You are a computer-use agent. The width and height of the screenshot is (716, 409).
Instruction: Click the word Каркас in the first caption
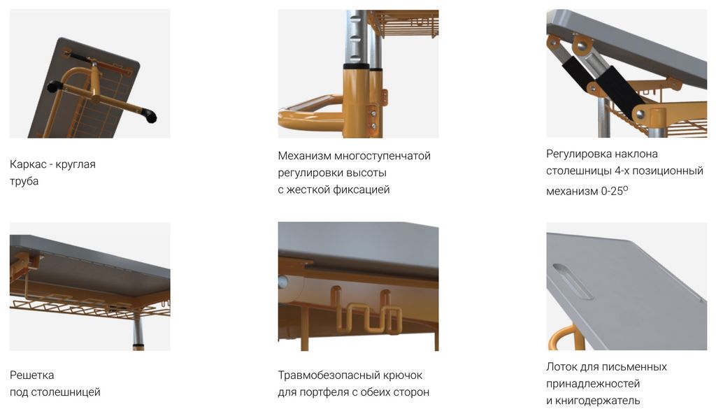27,164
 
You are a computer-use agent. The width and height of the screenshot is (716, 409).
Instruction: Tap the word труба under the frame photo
24,181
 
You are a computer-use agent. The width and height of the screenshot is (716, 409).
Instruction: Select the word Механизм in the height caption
304,156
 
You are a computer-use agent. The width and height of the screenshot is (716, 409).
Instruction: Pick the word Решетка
31,375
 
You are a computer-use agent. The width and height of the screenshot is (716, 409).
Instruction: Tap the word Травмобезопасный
327,375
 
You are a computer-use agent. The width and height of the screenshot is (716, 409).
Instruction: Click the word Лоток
561,367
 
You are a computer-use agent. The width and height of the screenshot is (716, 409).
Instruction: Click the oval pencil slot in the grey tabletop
573,281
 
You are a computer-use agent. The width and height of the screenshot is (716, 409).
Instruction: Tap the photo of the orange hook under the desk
358,286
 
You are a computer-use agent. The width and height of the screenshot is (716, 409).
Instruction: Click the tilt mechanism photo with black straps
626,73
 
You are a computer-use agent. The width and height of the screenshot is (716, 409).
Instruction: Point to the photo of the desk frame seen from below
90,73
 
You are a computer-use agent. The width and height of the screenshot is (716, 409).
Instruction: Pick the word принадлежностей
593,384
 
